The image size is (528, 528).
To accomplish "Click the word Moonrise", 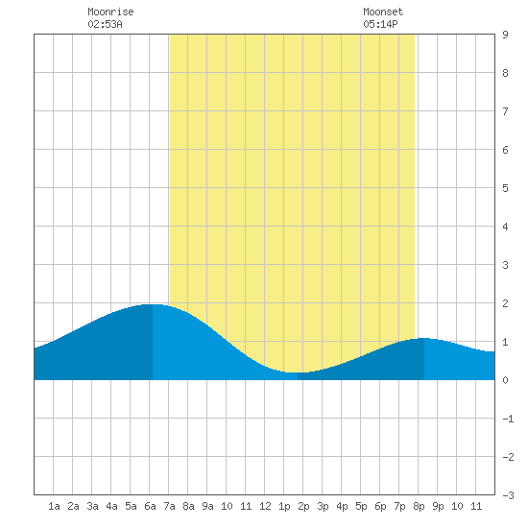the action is pos(110,12).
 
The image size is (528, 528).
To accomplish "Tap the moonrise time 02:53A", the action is pos(105,24).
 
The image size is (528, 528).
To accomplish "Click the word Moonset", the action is pos(383,12).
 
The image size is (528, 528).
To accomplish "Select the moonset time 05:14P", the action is pos(380,24).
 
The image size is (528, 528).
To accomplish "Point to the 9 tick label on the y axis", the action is pos(505,35).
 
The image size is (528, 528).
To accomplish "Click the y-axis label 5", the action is pos(505,188).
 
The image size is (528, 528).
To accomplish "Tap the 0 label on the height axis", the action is pos(505,380).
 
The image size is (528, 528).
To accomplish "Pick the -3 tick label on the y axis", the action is pos(508,495).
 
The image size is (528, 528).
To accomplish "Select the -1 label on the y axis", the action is pos(508,419).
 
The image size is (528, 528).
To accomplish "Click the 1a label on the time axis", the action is pos(54,506).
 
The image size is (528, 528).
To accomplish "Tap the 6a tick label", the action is pos(150,506).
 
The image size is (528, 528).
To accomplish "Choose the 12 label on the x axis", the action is pos(265,506).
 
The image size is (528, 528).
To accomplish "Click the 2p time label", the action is pos(303,506).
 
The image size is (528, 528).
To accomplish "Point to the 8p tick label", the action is pos(419,506).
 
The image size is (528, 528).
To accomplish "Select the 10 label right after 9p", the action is pos(457,506).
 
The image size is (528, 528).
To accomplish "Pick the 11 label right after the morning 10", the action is pos(246,506).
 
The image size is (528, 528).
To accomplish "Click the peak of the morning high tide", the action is pos(153,304).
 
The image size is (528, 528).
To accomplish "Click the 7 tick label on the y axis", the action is pos(505,111).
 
